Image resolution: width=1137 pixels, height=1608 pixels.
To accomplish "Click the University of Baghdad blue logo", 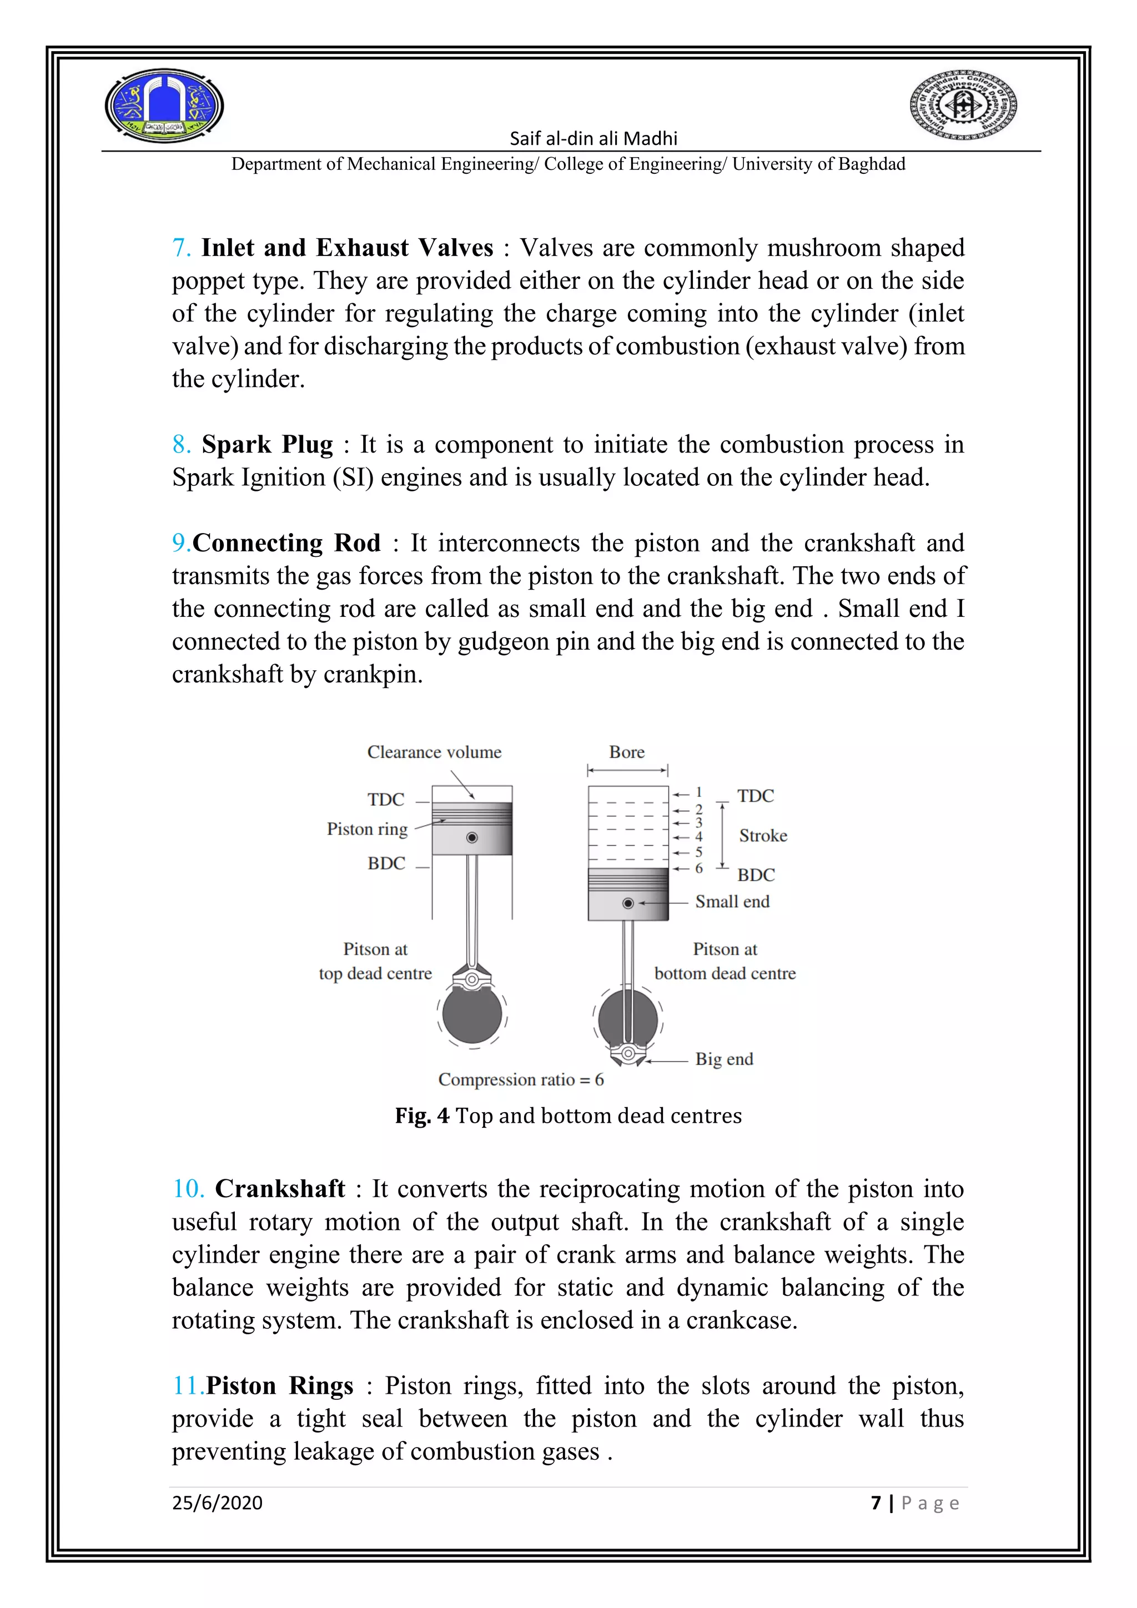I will [x=164, y=105].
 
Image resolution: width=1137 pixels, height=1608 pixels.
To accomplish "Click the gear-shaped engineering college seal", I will [x=963, y=105].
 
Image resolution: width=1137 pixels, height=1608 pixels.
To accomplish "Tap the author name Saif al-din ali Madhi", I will [x=593, y=139].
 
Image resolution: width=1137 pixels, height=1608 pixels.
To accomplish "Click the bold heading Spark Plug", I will [x=266, y=445].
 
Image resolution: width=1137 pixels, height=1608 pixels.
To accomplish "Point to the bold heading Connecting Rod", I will [x=286, y=543].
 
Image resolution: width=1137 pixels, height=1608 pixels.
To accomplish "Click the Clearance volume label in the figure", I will [x=434, y=752].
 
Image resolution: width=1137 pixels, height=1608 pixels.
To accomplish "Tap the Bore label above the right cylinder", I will [x=627, y=752].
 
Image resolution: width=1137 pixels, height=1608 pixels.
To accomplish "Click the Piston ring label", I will [x=367, y=829].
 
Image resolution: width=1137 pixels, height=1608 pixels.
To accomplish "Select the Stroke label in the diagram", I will [x=762, y=836].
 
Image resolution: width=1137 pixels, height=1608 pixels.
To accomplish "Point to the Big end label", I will [x=724, y=1059].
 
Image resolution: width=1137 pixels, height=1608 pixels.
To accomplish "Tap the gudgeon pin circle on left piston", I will [x=472, y=838].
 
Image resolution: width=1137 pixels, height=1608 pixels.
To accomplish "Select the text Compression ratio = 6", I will [x=521, y=1080].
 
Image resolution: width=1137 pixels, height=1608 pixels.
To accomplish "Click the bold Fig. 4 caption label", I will [x=422, y=1115].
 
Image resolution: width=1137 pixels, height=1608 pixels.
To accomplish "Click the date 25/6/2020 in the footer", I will [x=217, y=1503].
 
